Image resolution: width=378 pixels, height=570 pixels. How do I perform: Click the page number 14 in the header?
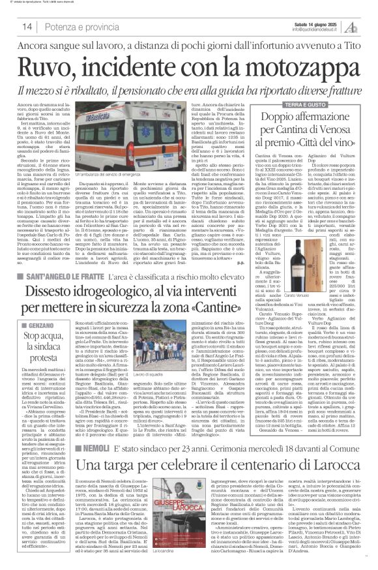click(28, 26)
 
